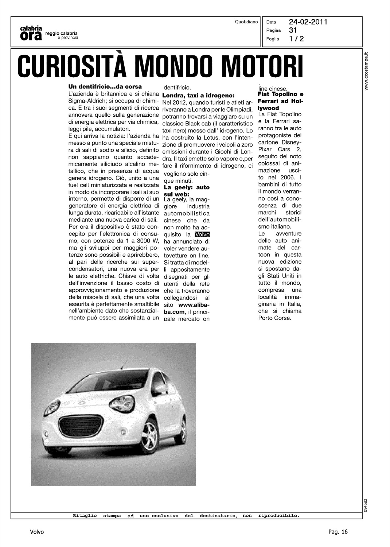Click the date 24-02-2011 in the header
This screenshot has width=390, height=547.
coord(308,22)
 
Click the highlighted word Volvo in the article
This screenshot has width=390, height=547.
coord(202,234)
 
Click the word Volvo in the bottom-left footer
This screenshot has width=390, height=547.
coord(37,532)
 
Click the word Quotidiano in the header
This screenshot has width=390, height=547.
coord(246,22)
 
